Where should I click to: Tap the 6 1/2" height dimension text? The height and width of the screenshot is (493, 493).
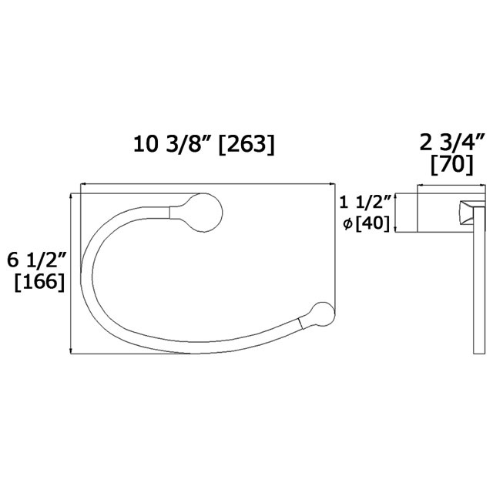[35, 260]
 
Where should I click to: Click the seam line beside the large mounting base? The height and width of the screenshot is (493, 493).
[170, 210]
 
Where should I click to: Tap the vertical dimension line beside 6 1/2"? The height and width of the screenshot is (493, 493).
[71, 273]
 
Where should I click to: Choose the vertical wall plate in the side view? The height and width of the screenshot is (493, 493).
[478, 277]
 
